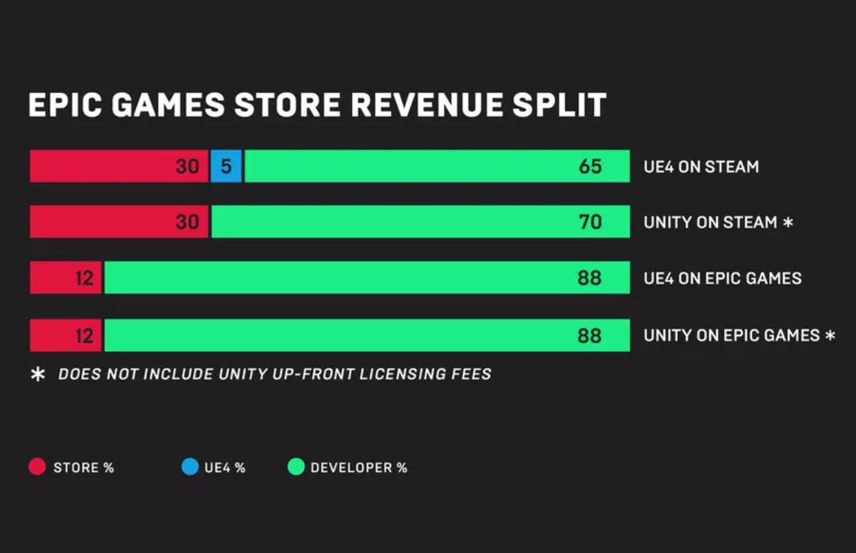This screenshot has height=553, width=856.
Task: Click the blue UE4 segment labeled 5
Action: tap(226, 167)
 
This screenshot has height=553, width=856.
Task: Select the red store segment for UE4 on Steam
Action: tap(118, 167)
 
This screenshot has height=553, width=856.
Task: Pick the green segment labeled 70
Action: tap(421, 222)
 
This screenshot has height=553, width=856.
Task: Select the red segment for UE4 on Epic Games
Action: tap(66, 278)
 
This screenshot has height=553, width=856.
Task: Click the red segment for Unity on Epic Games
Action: tap(66, 335)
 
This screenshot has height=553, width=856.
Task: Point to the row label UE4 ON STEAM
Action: tap(700, 167)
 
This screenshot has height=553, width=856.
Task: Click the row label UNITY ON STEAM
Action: tap(710, 222)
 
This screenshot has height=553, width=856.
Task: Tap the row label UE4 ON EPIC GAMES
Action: tap(722, 278)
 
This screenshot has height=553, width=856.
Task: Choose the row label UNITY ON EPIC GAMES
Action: tap(731, 335)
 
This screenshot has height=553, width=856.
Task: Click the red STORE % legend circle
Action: tap(37, 467)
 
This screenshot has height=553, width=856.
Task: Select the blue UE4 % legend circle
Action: tap(190, 467)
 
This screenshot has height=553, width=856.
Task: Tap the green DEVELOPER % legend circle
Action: tap(296, 467)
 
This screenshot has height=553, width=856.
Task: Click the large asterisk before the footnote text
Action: tap(38, 374)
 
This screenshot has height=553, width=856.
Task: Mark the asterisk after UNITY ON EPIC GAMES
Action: tap(830, 335)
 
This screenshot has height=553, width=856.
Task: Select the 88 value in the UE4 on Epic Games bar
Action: tap(590, 278)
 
